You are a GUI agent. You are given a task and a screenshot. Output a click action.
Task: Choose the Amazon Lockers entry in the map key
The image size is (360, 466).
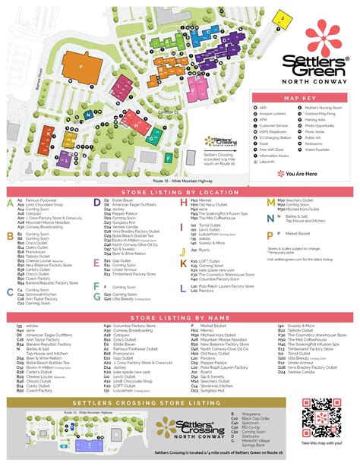click(x=276, y=114)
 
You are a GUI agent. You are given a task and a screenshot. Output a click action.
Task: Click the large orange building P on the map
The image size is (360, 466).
click(x=81, y=66)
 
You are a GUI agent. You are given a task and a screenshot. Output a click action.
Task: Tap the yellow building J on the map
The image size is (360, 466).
click(x=281, y=15)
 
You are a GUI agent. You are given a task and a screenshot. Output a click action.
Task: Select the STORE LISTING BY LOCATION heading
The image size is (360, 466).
click(x=179, y=193)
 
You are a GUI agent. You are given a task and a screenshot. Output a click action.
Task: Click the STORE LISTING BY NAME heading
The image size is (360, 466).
click(x=179, y=316)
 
